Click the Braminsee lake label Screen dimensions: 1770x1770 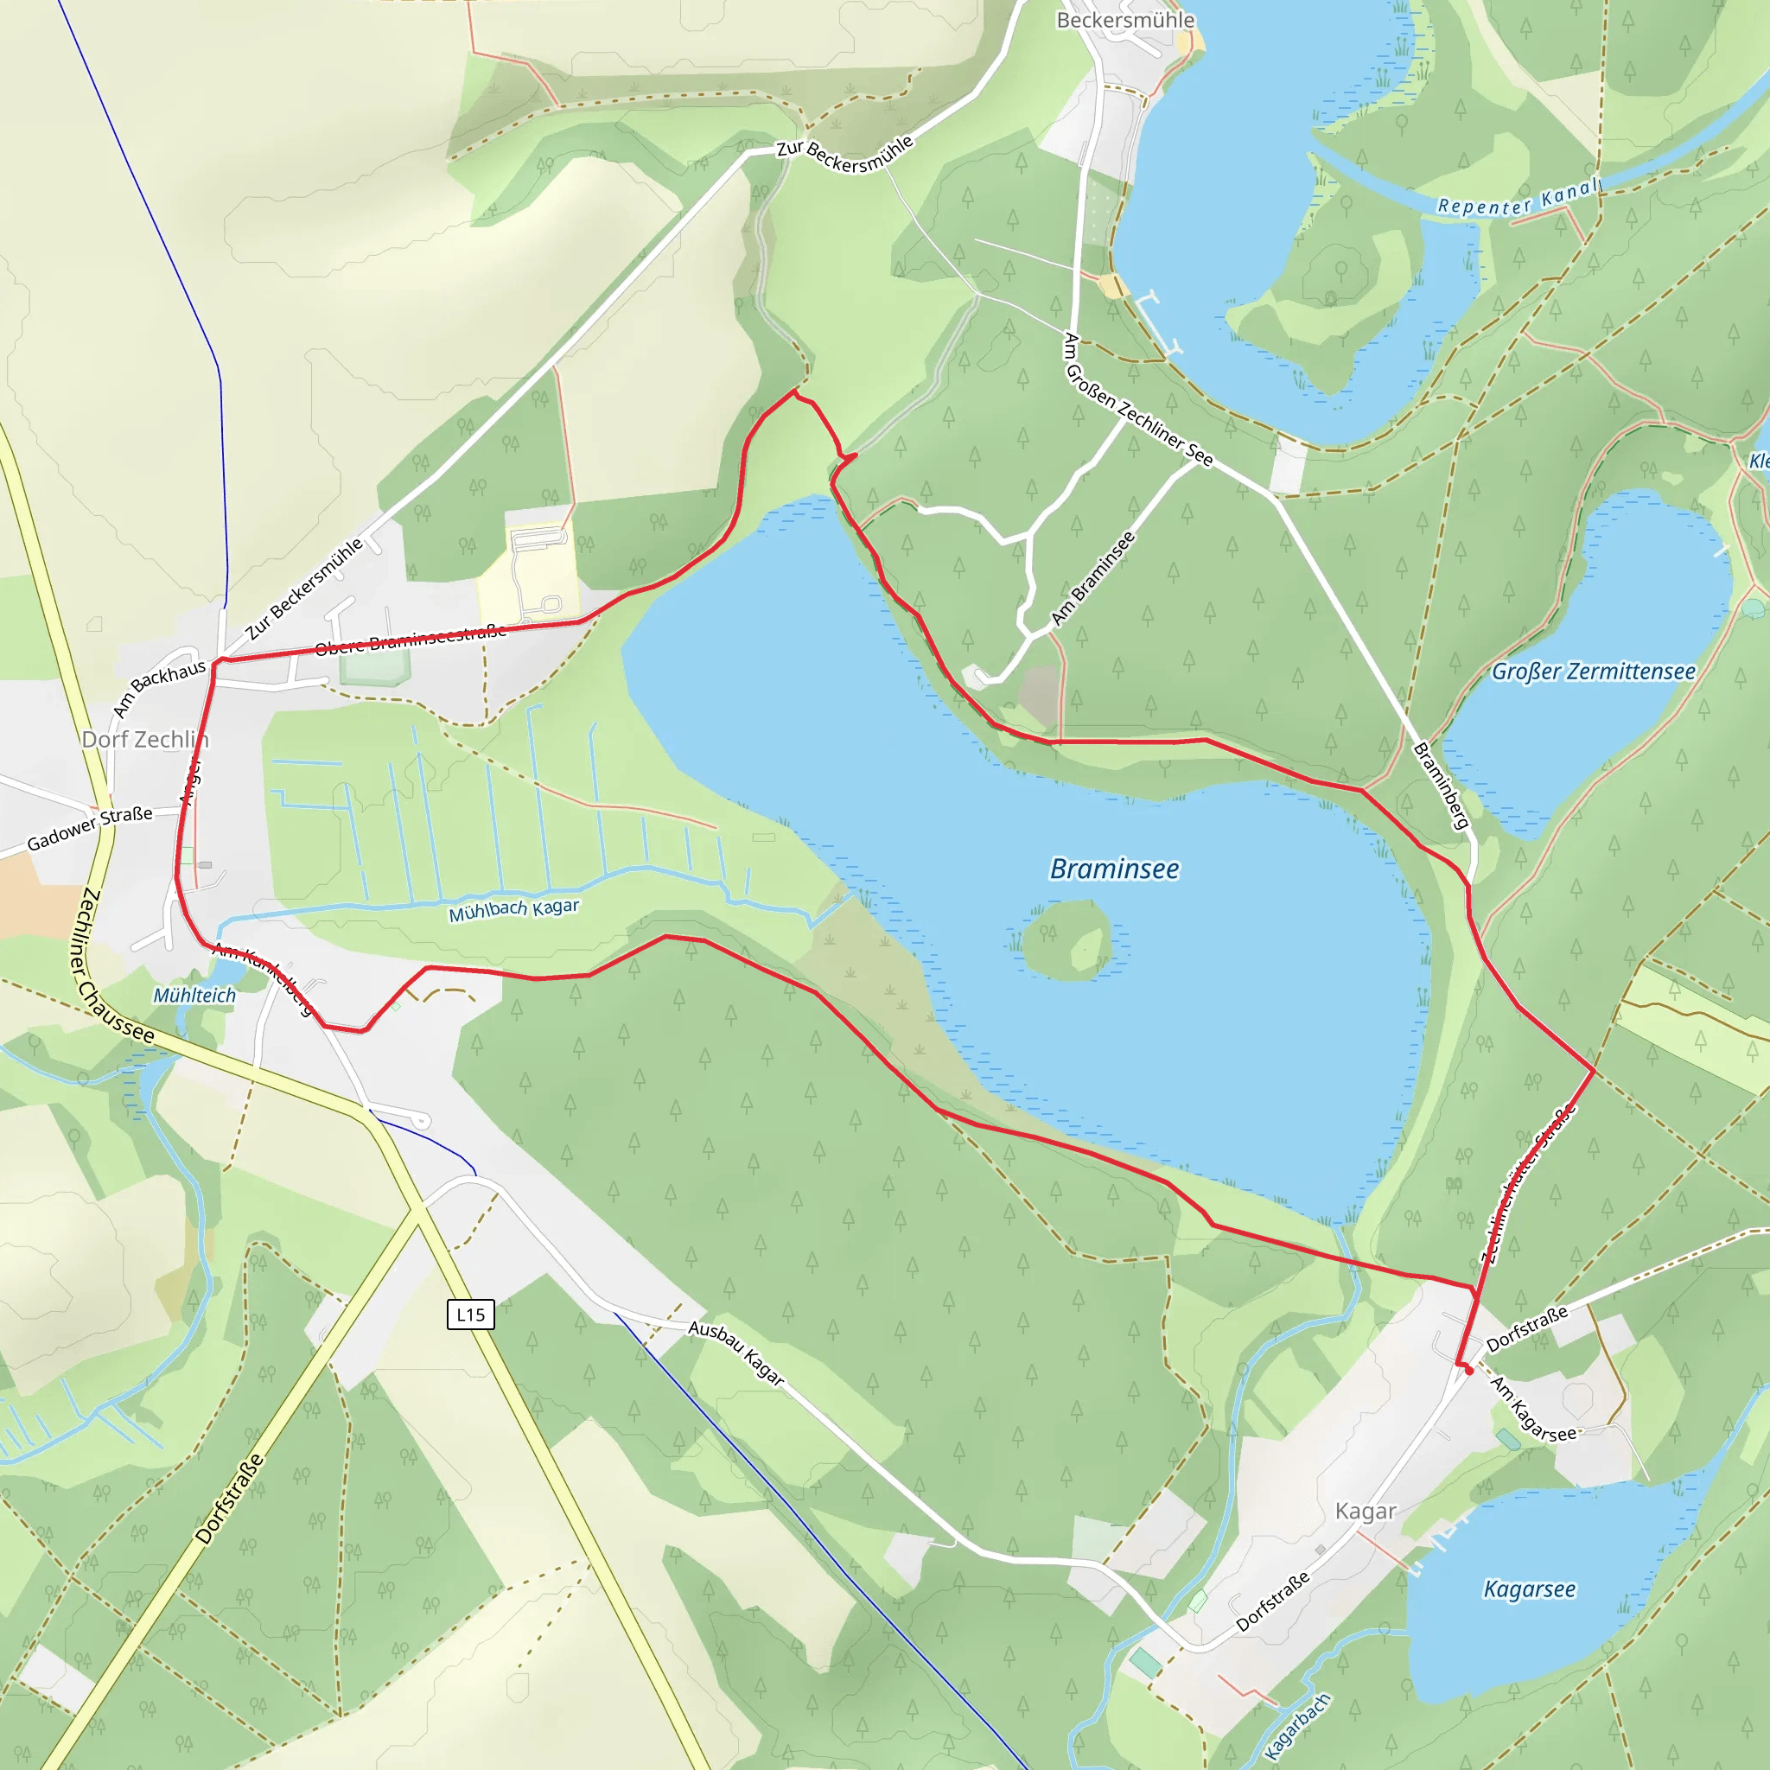[1114, 869]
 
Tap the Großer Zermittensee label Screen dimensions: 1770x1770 [1593, 672]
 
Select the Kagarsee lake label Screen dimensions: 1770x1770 [1529, 1589]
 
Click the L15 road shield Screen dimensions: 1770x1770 [471, 1315]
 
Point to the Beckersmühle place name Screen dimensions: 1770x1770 [1125, 20]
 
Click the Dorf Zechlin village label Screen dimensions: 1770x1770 [144, 739]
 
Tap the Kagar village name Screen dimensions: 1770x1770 [1365, 1512]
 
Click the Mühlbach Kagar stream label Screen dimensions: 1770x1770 [514, 910]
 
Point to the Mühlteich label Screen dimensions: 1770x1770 [194, 996]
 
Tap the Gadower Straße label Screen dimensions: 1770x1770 [90, 827]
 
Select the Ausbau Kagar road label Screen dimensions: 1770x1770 [736, 1353]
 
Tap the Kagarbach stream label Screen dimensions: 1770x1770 [1297, 1726]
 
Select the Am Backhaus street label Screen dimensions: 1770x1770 [158, 688]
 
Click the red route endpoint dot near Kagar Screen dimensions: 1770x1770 [1469, 1372]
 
